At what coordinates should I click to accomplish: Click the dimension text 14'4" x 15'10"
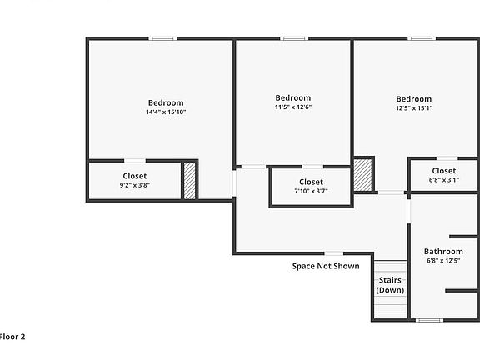(165, 112)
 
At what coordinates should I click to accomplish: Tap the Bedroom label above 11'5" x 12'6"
(293, 97)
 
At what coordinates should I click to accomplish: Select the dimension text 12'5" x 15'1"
(414, 107)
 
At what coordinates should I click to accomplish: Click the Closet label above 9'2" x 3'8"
(135, 176)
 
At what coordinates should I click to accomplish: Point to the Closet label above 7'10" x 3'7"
(311, 182)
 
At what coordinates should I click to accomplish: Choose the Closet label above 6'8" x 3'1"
(443, 171)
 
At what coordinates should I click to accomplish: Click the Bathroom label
(443, 252)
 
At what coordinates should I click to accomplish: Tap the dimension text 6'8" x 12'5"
(443, 261)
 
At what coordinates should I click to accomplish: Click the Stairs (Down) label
(390, 285)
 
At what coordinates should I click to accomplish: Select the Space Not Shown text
(326, 267)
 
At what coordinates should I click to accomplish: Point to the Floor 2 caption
(12, 337)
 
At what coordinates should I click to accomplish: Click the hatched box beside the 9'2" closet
(189, 180)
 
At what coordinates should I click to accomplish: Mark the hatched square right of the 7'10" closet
(362, 175)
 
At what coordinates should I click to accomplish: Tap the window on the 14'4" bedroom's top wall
(162, 38)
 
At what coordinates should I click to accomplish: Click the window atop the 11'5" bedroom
(292, 38)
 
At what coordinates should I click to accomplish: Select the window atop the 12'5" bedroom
(420, 38)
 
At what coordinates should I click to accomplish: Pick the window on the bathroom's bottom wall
(429, 320)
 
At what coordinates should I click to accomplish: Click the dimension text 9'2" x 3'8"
(135, 185)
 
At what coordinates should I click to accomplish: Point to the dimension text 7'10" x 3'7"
(311, 191)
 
